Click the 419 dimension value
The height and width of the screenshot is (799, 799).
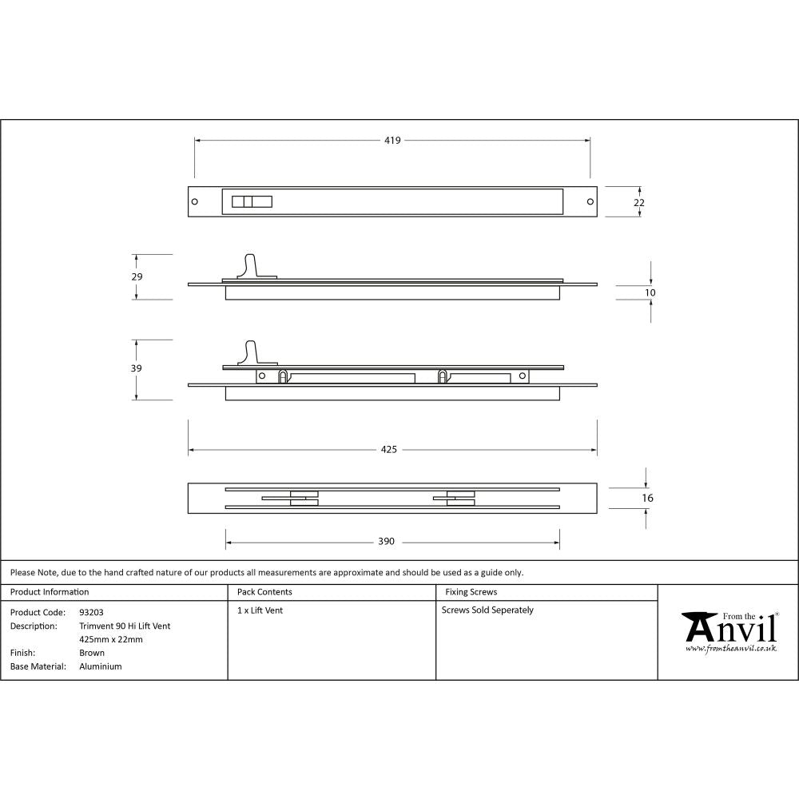pos(392,141)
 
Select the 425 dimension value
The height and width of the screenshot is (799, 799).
pos(388,450)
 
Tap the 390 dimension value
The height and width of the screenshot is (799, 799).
pos(386,542)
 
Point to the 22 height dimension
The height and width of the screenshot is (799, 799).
pos(638,203)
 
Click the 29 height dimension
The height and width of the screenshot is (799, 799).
pos(137,276)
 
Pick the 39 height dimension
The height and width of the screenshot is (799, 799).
pos(137,368)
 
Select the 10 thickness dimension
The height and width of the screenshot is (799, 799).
pos(650,293)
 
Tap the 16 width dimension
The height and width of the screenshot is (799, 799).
pos(647,498)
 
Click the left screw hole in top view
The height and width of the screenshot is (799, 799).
pos(195,202)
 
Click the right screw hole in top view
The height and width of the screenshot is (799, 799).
pos(590,202)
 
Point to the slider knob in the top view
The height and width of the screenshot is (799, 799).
pos(251,202)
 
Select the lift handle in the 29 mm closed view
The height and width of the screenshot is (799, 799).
pos(252,265)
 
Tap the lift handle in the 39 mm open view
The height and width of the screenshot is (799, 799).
pos(252,352)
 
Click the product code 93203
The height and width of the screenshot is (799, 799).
pos(91,612)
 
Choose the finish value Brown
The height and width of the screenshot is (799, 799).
pos(91,653)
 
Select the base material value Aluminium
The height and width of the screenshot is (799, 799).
pos(101,666)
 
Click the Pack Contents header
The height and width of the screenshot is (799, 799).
pos(264,592)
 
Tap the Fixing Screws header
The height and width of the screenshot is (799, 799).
pos(471,592)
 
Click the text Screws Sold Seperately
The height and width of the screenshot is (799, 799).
pos(487,610)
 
